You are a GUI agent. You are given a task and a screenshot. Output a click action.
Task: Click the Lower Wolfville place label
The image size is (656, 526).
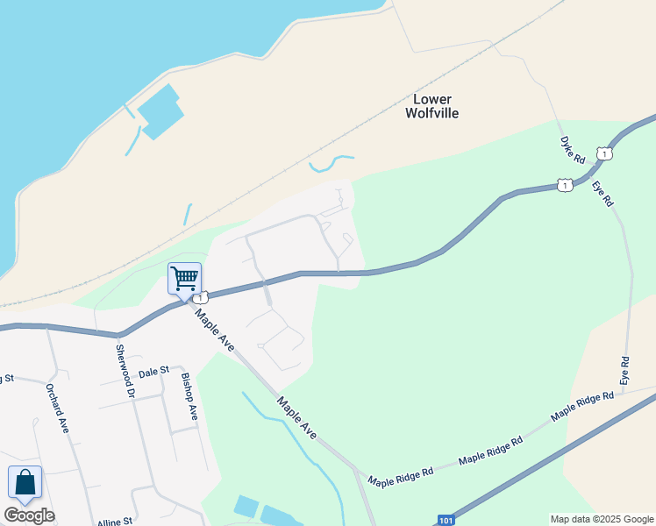pos(431,106)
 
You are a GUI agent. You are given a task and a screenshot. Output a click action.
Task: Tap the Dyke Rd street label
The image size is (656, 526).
pos(573,150)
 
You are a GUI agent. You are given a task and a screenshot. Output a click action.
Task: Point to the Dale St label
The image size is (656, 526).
pos(153,372)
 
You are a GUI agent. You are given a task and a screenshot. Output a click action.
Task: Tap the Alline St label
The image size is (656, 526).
pos(114,521)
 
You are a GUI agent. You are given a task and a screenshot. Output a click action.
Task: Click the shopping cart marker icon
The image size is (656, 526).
pos(184,279)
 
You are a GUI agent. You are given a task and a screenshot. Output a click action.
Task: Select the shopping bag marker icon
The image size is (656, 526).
pos(25,483)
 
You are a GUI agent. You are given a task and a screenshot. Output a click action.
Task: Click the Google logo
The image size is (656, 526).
pos(29,515)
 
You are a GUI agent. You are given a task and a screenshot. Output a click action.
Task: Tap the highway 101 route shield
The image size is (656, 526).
pos(446,520)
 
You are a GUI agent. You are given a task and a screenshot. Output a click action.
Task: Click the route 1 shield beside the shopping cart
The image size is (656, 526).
pos(203,299)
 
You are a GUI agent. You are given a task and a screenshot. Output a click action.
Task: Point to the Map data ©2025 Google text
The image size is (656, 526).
pos(603,519)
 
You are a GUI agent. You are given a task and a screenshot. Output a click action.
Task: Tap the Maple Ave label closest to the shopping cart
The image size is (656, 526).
pos(215,330)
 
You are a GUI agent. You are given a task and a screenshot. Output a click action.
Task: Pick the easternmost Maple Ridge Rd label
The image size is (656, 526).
pos(582,405)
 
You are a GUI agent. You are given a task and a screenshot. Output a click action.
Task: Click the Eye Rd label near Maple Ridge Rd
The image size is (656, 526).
pos(624,370)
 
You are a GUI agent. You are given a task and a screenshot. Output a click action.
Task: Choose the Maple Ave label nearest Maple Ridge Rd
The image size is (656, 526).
pos(296,417)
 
